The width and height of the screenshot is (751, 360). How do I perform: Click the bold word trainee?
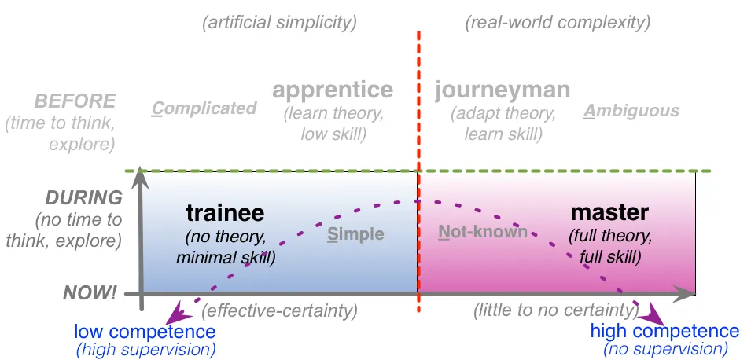click(x=225, y=213)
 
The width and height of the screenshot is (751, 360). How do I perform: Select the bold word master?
click(x=609, y=212)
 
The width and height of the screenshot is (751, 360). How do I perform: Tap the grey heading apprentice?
click(x=333, y=90)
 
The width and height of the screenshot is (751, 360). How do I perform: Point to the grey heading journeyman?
click(x=503, y=90)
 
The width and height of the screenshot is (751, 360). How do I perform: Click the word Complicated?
click(x=204, y=108)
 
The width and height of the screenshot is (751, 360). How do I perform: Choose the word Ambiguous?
click(x=631, y=111)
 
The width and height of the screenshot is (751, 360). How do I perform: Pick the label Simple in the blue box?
click(x=356, y=233)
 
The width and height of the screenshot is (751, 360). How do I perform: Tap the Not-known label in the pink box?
click(x=483, y=232)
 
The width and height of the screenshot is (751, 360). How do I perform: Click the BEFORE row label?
click(x=75, y=101)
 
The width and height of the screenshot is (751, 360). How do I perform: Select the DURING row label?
click(x=84, y=198)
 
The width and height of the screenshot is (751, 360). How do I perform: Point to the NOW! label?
click(x=90, y=293)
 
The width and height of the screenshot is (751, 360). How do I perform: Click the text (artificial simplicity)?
click(x=280, y=23)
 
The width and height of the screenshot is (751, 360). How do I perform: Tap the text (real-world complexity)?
click(x=558, y=23)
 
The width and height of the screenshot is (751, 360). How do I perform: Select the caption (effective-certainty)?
click(x=280, y=311)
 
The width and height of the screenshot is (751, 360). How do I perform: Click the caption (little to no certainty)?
click(x=556, y=310)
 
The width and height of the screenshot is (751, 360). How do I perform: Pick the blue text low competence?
click(x=145, y=331)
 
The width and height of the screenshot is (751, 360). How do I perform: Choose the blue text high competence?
click(x=664, y=331)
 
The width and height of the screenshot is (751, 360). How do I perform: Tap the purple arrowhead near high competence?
click(x=651, y=315)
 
